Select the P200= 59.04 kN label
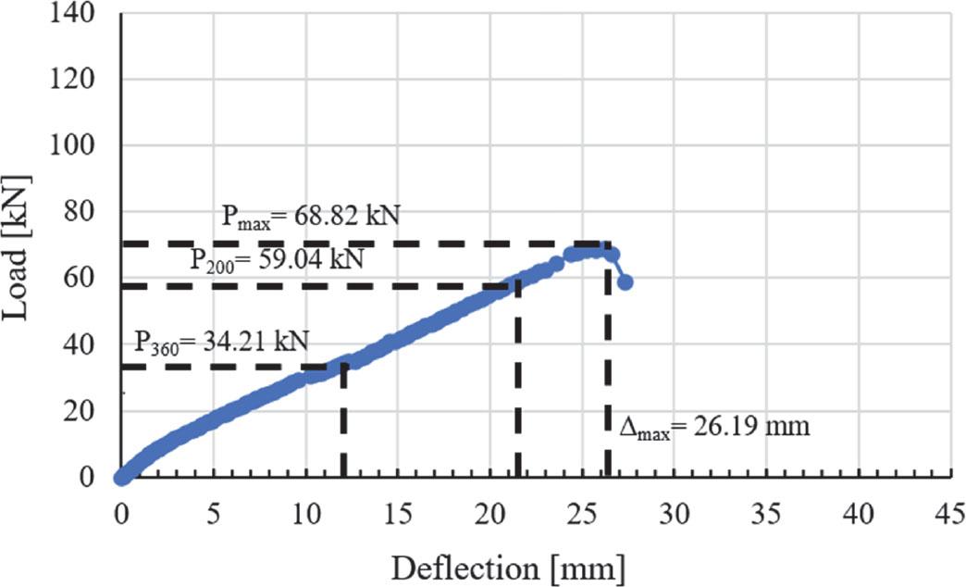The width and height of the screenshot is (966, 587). pos(277,260)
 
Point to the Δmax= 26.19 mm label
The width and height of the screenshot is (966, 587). pos(714,427)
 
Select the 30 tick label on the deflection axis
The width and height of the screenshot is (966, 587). pos(674,514)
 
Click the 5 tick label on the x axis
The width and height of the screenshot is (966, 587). pos(214,514)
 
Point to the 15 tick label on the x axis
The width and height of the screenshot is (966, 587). pos(398,514)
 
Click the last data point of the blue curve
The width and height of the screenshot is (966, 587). pos(625,281)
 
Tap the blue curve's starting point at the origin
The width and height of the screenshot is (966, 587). pos(121,477)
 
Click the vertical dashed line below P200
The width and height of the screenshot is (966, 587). pos(517,380)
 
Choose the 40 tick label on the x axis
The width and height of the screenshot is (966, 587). pos(858,514)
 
